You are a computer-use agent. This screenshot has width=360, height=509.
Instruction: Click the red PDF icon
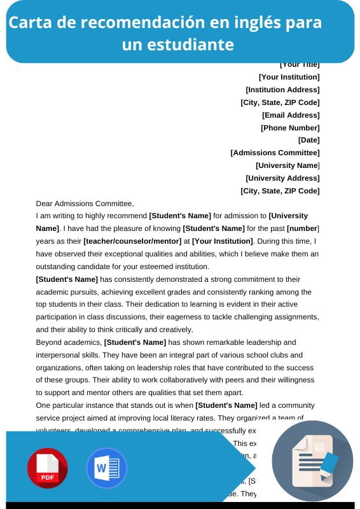[47, 468]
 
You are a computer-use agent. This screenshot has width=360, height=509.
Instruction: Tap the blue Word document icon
[107, 468]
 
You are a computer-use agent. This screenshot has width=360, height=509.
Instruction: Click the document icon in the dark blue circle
[312, 461]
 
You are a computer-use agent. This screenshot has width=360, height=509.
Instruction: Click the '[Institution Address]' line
[282, 90]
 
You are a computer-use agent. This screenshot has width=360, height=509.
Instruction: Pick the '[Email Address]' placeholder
[291, 115]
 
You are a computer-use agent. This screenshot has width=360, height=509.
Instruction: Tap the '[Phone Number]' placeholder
[290, 128]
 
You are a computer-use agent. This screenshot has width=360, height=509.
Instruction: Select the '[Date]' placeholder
[308, 140]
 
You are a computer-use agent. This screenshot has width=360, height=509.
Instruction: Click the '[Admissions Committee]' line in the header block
[275, 153]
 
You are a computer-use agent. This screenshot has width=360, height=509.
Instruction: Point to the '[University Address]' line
[282, 178]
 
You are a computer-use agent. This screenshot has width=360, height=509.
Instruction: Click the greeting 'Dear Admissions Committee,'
[85, 204]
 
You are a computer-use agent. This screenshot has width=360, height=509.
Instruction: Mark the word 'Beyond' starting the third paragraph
[48, 342]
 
